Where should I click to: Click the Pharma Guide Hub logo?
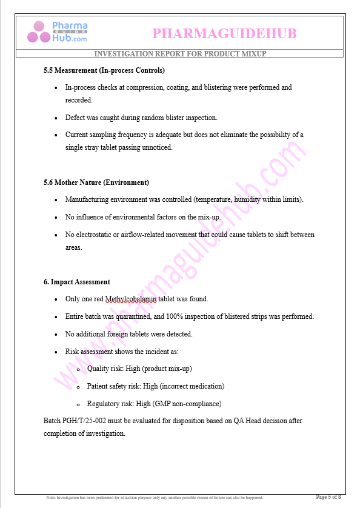pyautogui.click(x=61, y=32)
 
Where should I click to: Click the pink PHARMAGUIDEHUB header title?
pyautogui.click(x=224, y=33)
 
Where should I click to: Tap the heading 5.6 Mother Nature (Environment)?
pyautogui.click(x=96, y=182)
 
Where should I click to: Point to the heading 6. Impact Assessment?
pyautogui.click(x=76, y=282)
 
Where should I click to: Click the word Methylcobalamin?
pyautogui.click(x=130, y=299)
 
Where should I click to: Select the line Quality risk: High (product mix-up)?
pyautogui.click(x=139, y=369)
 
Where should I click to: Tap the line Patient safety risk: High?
pyautogui.click(x=155, y=386)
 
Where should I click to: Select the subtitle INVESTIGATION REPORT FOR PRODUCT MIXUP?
pyautogui.click(x=180, y=54)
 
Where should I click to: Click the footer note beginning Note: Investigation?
pyautogui.click(x=155, y=498)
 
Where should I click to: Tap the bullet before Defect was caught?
pyautogui.click(x=56, y=118)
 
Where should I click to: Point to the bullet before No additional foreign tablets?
pyautogui.click(x=56, y=335)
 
